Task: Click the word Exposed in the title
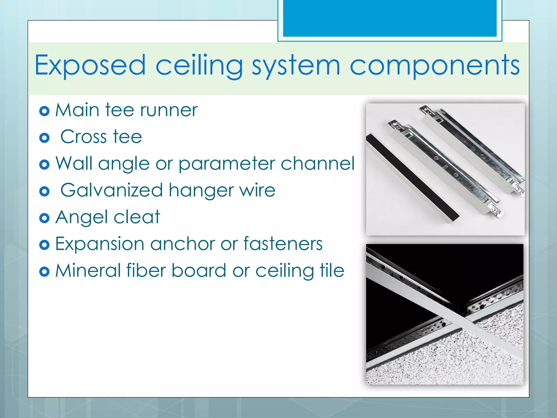point(90,65)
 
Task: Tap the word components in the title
point(434,65)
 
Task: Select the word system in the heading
point(296,65)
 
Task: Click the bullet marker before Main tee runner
point(44,111)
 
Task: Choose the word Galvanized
point(112,190)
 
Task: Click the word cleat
point(137,217)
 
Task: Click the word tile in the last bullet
point(332,271)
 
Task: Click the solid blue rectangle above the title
point(390,18)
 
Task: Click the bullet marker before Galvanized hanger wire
point(44,192)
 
